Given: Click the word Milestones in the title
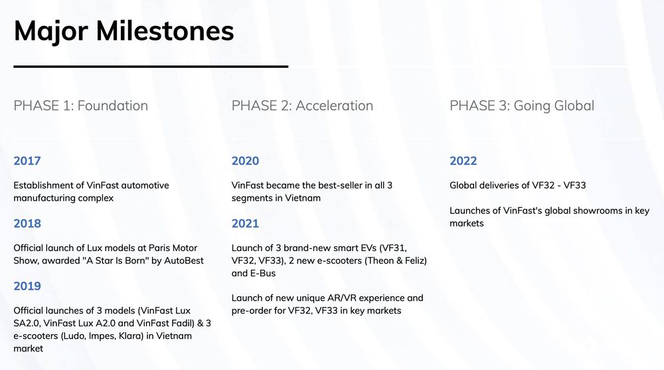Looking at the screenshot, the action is click(165, 31).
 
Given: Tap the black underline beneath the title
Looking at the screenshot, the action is click(151, 66).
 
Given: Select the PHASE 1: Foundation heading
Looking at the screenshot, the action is click(81, 106).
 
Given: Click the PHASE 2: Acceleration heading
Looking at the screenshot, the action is click(302, 106).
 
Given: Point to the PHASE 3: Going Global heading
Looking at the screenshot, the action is click(522, 106).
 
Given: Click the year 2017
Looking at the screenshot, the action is click(27, 161).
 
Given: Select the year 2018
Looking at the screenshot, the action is click(27, 223).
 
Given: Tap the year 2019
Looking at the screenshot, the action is click(27, 286).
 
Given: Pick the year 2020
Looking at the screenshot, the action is click(245, 161).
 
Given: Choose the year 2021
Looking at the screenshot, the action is click(245, 223).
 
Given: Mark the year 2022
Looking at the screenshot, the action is click(463, 161).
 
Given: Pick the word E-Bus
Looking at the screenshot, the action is click(263, 274).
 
